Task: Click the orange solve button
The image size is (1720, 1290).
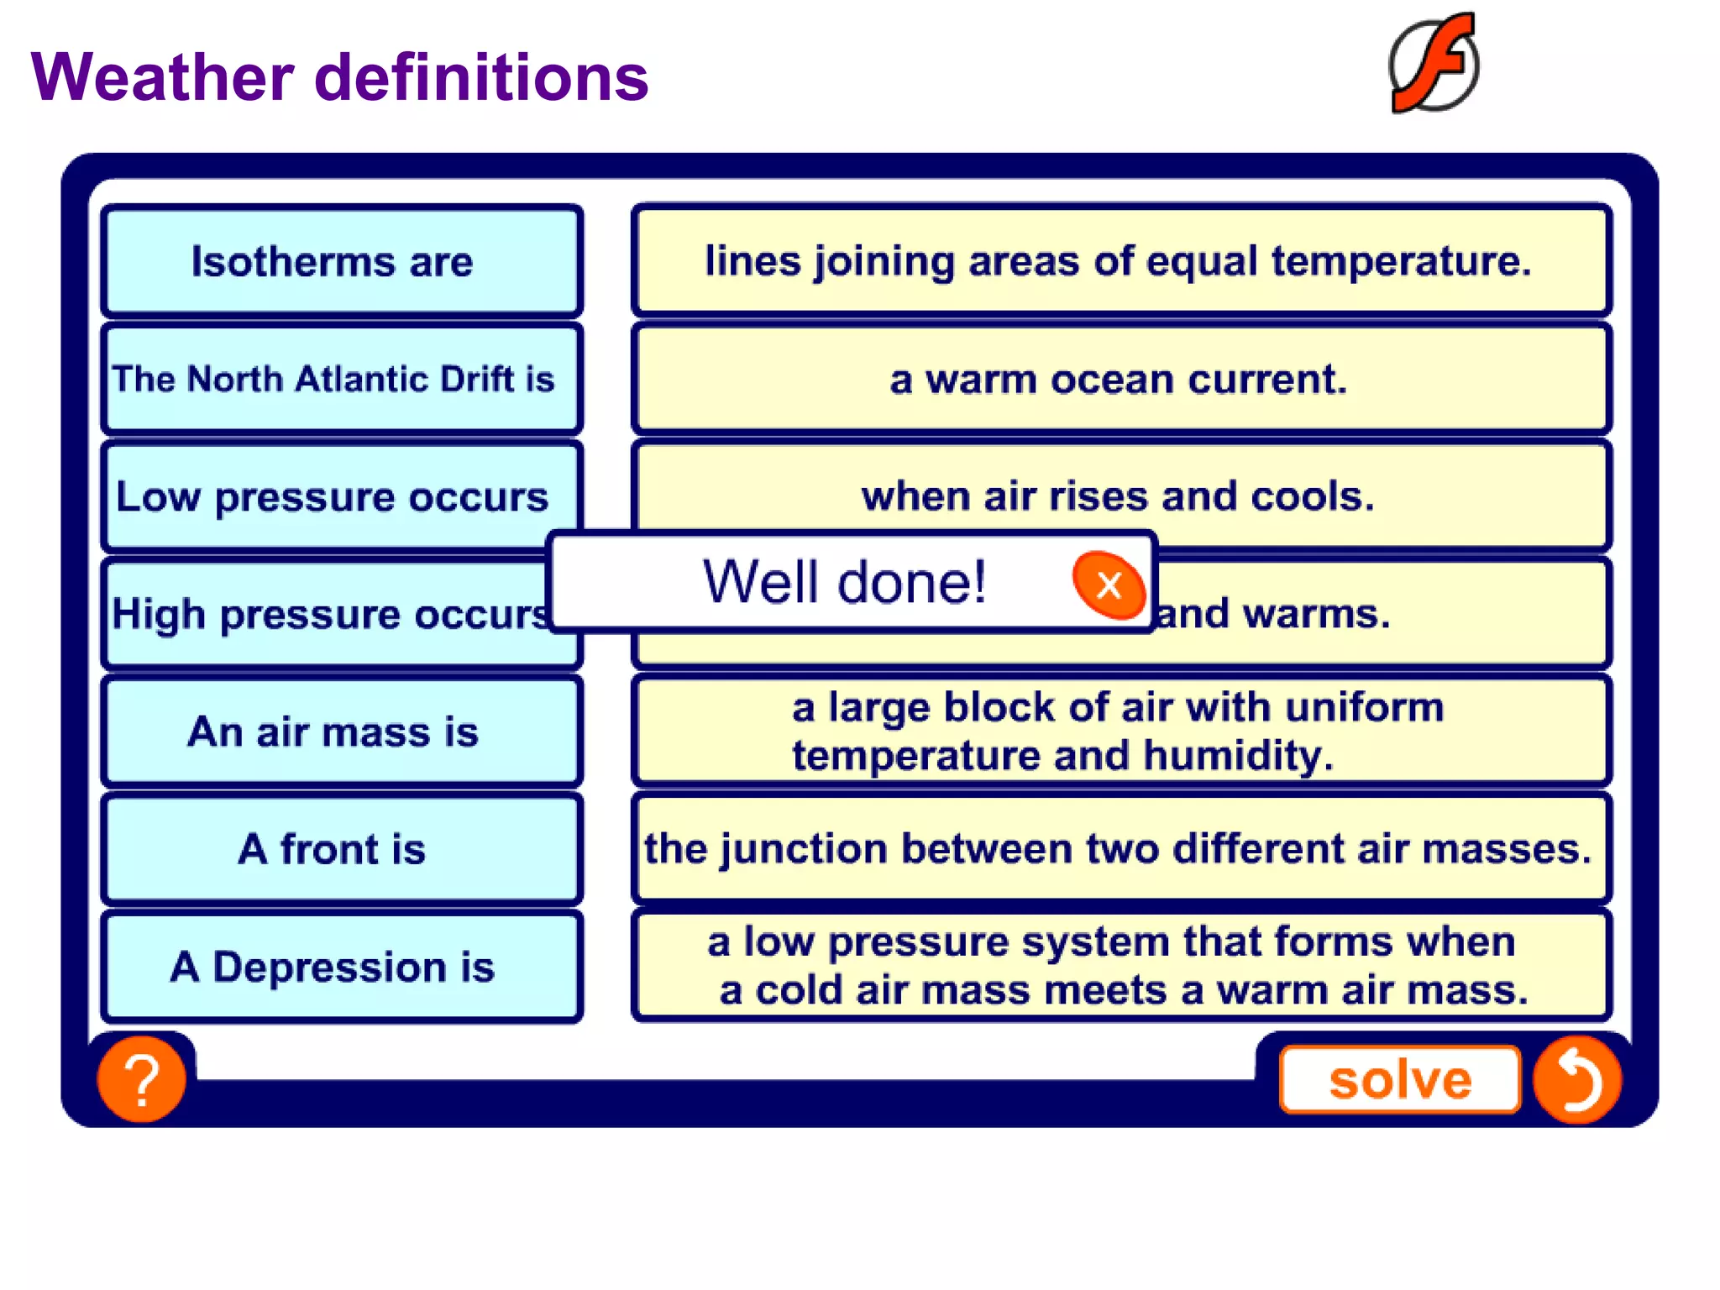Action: [x=1399, y=1079]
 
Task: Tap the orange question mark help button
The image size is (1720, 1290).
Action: [x=141, y=1079]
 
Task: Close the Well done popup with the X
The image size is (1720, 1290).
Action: [x=1109, y=585]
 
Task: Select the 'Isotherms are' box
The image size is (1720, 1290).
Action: [x=341, y=261]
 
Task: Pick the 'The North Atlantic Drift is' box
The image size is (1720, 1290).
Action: [x=341, y=379]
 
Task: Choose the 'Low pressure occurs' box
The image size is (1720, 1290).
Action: [x=333, y=496]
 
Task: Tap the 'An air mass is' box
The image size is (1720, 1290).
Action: [x=341, y=732]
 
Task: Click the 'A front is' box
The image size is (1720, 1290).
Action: [x=341, y=849]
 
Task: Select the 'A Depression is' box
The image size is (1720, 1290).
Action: [x=341, y=967]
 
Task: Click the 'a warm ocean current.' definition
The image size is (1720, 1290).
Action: [x=1120, y=379]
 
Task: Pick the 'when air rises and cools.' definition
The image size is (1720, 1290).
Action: [x=1120, y=496]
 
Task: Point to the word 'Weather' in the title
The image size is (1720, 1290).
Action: [x=163, y=77]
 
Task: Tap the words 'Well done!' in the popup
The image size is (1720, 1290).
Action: [x=844, y=581]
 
